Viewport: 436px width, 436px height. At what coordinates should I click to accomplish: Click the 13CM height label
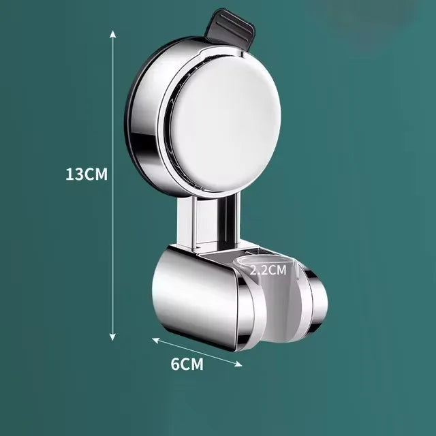tap(87, 174)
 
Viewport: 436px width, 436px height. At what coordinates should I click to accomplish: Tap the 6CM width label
tap(187, 364)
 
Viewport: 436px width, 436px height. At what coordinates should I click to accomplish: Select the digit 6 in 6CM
tap(174, 364)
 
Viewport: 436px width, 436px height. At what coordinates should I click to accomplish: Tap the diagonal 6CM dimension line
tap(198, 352)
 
